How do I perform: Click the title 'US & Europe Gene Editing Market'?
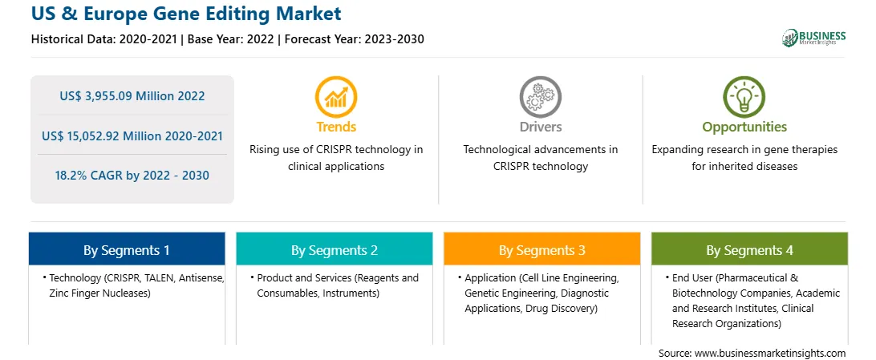[186, 14]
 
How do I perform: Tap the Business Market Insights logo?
[813, 38]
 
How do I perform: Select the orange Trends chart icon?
[336, 97]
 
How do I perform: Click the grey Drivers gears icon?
[540, 97]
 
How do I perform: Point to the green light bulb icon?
[744, 97]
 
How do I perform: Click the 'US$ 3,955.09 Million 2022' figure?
[132, 96]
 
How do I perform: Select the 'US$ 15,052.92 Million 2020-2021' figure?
[132, 136]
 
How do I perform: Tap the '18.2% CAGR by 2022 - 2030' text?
[132, 176]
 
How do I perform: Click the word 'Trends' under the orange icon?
[336, 127]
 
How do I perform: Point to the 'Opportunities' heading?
[744, 127]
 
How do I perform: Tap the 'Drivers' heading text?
[540, 127]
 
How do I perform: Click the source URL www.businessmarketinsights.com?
[770, 354]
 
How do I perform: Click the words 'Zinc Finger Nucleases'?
[99, 293]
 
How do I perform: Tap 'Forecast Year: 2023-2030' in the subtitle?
[355, 39]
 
